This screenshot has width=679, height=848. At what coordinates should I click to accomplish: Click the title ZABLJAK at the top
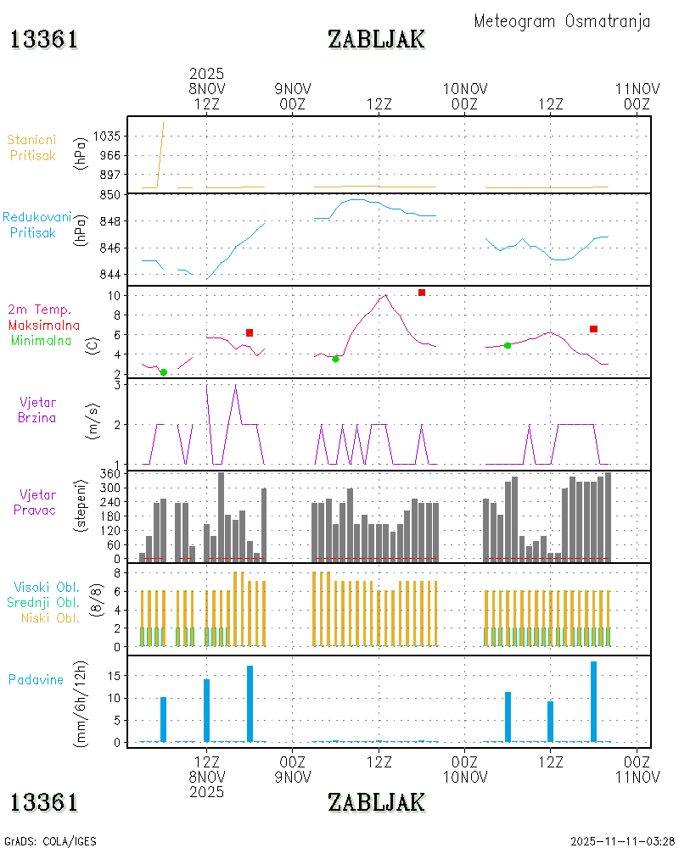pyautogui.click(x=376, y=39)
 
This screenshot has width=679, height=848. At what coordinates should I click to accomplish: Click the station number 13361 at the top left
pyautogui.click(x=44, y=39)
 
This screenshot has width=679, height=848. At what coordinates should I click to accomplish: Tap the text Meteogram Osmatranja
pyautogui.click(x=562, y=21)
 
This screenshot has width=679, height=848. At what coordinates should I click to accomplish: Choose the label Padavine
pyautogui.click(x=36, y=679)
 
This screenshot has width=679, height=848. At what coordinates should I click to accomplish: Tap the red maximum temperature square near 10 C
pyautogui.click(x=421, y=293)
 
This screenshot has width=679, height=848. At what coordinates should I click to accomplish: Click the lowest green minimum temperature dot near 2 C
pyautogui.click(x=164, y=372)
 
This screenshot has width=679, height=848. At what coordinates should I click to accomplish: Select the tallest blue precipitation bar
pyautogui.click(x=594, y=701)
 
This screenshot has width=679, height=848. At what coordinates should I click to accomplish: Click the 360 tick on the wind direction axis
pyautogui.click(x=111, y=473)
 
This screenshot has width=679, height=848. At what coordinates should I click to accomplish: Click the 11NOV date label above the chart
pyautogui.click(x=637, y=88)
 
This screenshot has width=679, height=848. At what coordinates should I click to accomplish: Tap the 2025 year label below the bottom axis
pyautogui.click(x=206, y=792)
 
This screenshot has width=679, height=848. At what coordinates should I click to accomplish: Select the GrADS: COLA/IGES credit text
pyautogui.click(x=51, y=841)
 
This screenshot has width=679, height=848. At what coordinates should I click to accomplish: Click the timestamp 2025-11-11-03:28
pyautogui.click(x=622, y=841)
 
